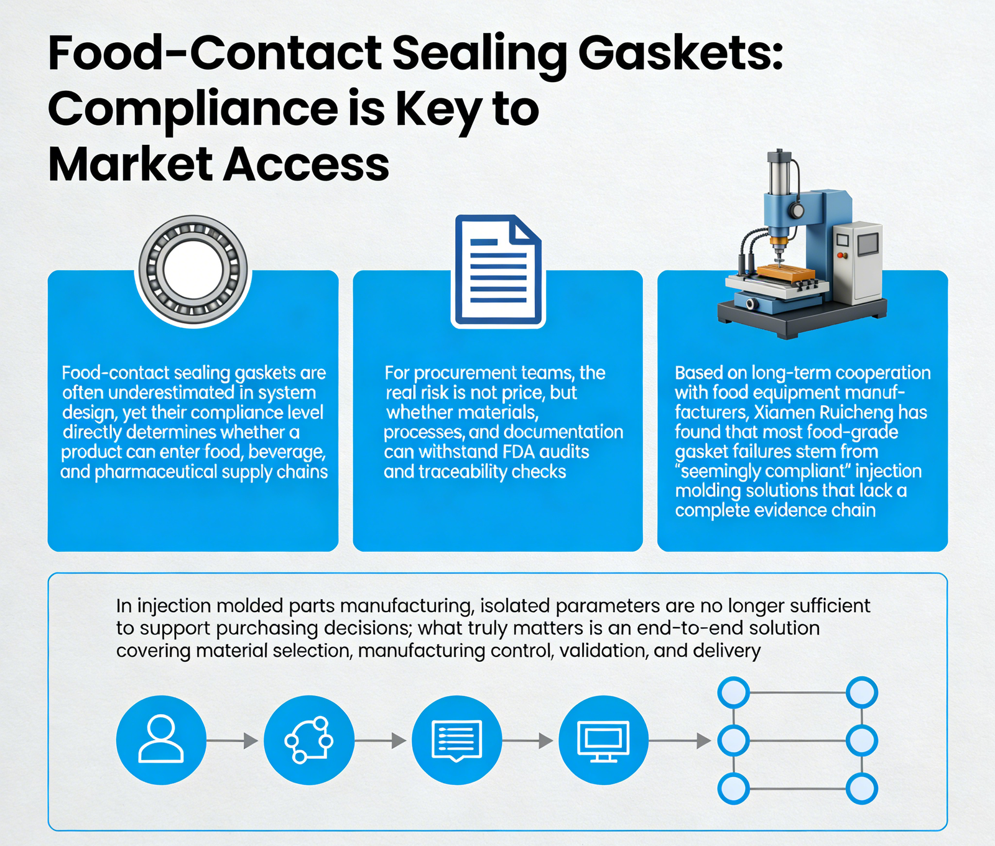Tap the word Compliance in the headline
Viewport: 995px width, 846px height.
(193, 109)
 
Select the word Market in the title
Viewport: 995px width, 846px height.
(131, 165)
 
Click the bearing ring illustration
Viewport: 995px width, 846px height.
(193, 270)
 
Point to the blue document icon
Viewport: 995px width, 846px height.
(497, 271)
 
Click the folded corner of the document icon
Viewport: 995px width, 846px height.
(525, 230)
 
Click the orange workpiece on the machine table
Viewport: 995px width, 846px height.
(786, 272)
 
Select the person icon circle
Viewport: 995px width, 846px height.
(161, 740)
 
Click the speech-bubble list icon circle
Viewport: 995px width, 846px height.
(457, 740)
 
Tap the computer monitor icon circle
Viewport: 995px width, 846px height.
(603, 740)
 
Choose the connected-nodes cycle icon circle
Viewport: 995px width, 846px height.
(309, 740)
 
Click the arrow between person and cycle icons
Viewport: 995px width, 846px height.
(232, 741)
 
